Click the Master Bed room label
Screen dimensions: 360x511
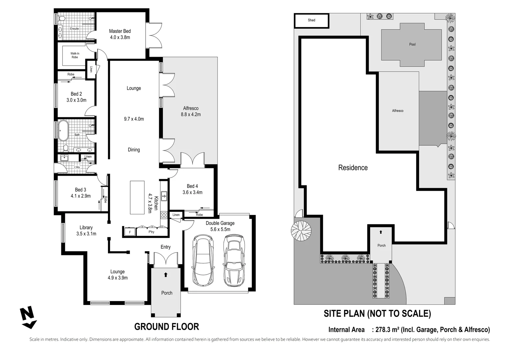pos(120,31)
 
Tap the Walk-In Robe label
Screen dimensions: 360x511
pos(75,55)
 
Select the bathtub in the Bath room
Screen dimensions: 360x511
pos(63,131)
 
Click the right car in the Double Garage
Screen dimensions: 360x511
pos(234,260)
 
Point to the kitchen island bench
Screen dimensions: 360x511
pos(137,197)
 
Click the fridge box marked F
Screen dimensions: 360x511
pos(130,232)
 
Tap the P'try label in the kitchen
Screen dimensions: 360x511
pos(151,232)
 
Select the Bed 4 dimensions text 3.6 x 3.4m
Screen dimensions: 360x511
pos(192,192)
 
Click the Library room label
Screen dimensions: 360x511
pos(86,228)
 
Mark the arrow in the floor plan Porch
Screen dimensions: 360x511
pos(166,275)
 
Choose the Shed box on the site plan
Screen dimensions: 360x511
pos(311,20)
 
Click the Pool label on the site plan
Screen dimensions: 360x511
pos(412,44)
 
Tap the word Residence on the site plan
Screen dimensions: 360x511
pos(353,168)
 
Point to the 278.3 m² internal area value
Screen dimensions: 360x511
pos(387,330)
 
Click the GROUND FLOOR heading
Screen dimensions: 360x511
pos(167,327)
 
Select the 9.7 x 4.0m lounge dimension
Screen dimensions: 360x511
pos(134,119)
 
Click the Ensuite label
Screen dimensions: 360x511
pos(74,29)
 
